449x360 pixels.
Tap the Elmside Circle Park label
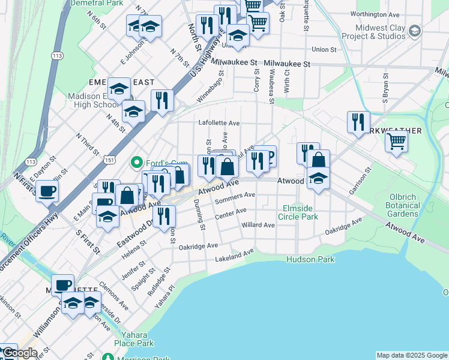tap(300, 212)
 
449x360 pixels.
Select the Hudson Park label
tap(310, 259)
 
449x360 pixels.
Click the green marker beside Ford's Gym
tap(137, 162)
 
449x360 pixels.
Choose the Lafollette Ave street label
tap(219, 123)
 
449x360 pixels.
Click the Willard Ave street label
tap(258, 225)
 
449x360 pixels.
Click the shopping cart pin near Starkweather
tap(396, 142)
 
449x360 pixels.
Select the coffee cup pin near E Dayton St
tap(47, 192)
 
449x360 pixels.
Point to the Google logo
tap(20, 353)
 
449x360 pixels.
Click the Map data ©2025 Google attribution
tap(411, 355)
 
